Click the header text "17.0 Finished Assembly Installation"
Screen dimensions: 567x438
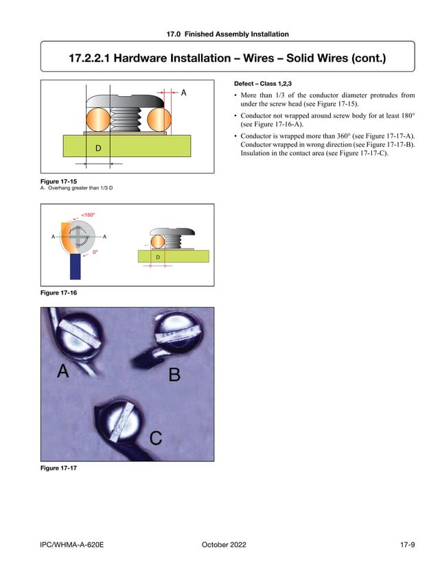click(x=227, y=34)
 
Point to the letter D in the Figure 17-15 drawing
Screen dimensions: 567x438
click(x=98, y=148)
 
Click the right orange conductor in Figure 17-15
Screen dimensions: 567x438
click(x=159, y=119)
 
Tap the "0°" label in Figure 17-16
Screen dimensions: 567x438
click(x=95, y=252)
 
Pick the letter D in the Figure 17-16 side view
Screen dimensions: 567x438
click(x=158, y=257)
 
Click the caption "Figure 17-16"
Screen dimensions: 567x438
click(x=59, y=293)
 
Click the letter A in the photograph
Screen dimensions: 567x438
click(x=62, y=371)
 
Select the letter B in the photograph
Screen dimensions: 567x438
click(x=174, y=375)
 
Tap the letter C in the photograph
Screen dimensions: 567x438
click(x=156, y=437)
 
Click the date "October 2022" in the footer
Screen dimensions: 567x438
click(x=224, y=545)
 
